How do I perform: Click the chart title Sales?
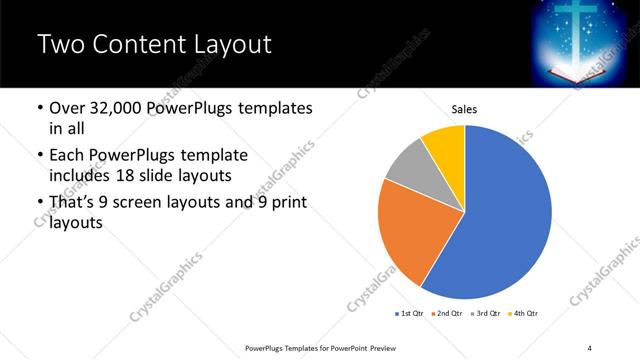coord(465,109)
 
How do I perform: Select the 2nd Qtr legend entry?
coord(446,314)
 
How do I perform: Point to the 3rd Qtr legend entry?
coord(484,314)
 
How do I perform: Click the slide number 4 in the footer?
coord(590,347)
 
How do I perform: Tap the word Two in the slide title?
coord(61,45)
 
